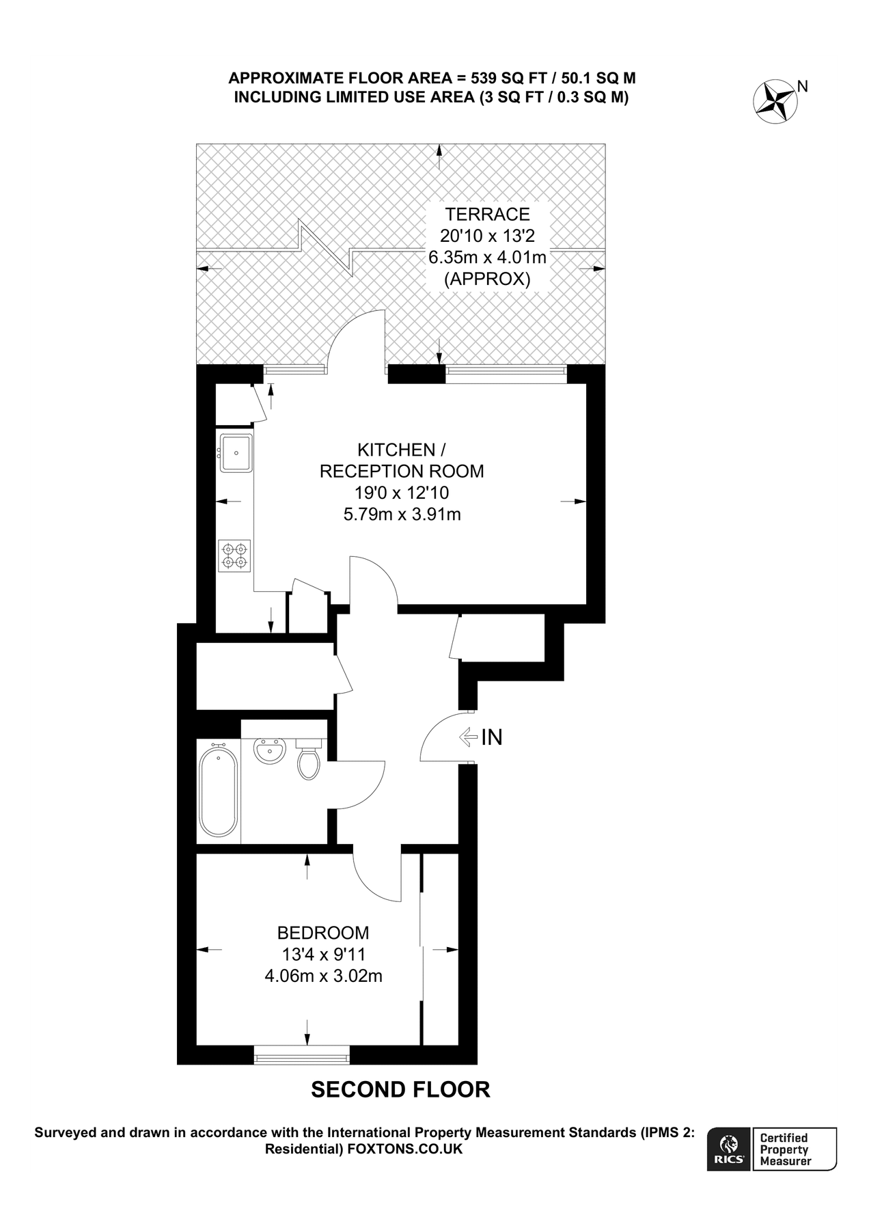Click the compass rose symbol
click(775, 102)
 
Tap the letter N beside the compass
click(803, 86)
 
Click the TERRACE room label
click(487, 214)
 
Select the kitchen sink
click(236, 452)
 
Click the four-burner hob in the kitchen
click(235, 555)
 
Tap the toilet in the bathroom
click(309, 763)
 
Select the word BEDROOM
click(323, 933)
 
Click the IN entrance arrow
click(469, 737)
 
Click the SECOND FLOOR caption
click(400, 1089)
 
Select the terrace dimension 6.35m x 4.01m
click(487, 258)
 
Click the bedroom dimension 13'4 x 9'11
click(323, 955)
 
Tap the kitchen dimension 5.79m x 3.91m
click(402, 514)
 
